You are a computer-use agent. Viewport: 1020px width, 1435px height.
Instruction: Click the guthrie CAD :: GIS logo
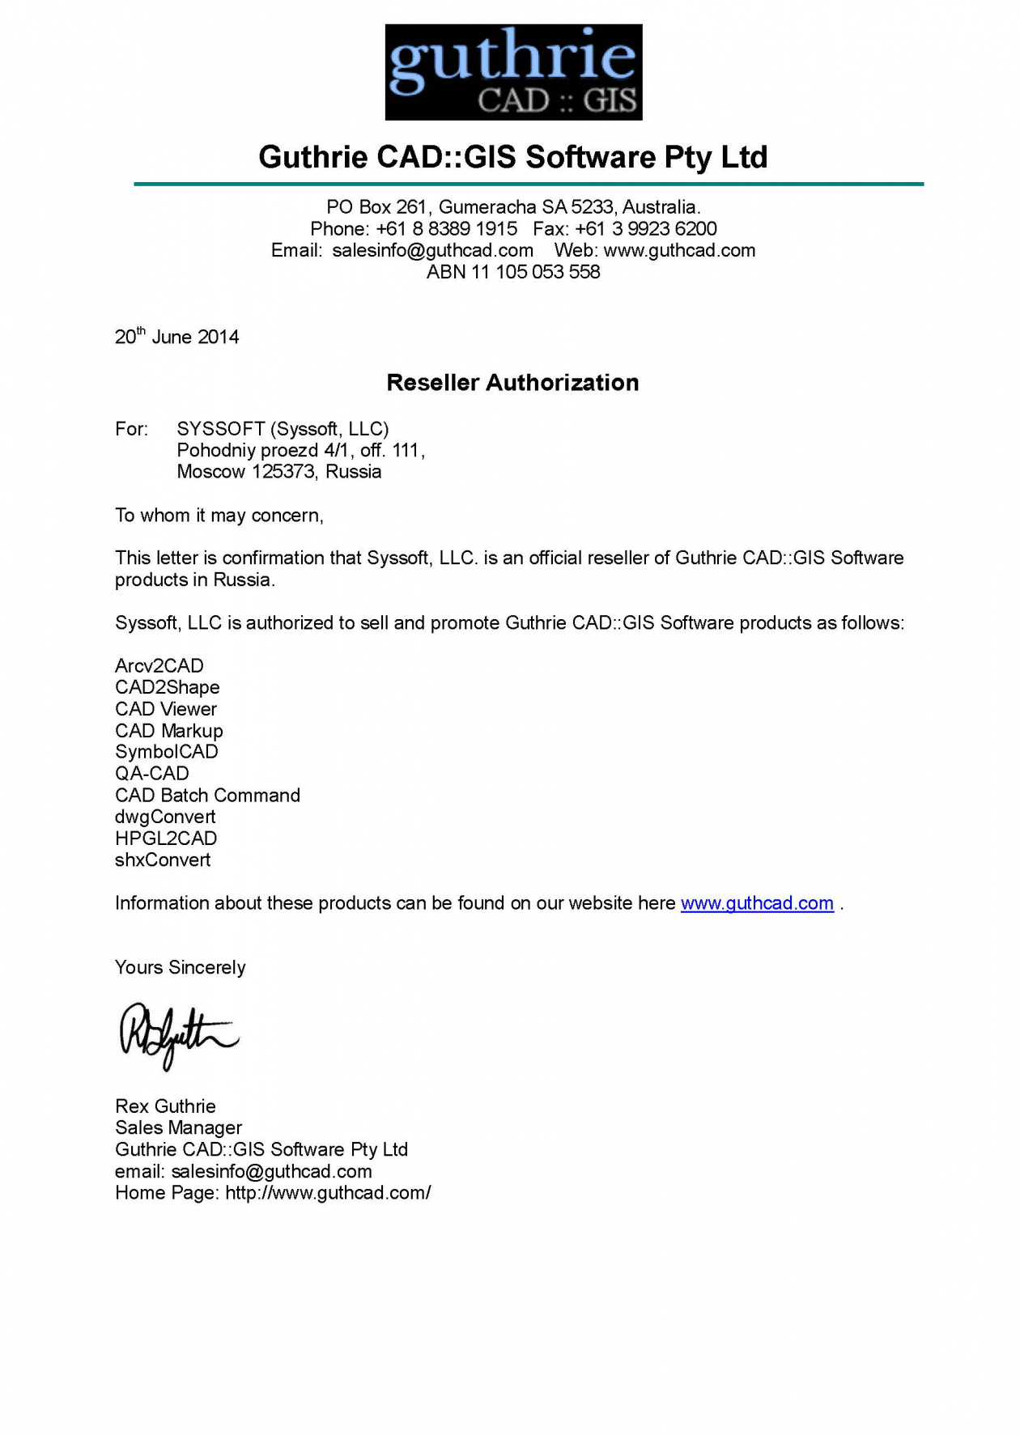pos(513,72)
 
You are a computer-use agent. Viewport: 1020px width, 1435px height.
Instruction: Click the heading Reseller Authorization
pos(512,383)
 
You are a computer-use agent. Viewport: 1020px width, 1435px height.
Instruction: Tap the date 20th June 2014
pos(176,337)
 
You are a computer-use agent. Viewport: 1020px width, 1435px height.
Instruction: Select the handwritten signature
pos(178,1035)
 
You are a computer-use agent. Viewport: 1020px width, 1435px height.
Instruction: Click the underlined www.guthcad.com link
pos(757,903)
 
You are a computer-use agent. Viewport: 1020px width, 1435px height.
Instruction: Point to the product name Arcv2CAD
pos(159,666)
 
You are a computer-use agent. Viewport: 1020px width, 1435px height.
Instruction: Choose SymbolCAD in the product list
pos(167,752)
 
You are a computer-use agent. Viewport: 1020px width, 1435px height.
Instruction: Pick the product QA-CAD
pos(152,774)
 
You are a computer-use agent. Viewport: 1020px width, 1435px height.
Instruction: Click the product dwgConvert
pos(165,817)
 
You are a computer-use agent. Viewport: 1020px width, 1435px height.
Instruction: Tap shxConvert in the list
pos(163,860)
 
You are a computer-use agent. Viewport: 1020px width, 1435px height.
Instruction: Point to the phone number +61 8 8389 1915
pos(446,229)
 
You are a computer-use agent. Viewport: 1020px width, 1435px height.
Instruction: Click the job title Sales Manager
pos(178,1128)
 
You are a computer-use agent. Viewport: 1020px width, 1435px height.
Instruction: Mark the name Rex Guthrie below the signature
pos(165,1106)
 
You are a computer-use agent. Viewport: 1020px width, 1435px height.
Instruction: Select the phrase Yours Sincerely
pos(180,968)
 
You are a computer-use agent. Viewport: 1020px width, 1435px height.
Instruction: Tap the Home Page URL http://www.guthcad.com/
pos(328,1193)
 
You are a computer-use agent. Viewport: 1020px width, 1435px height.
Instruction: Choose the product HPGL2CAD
pos(166,838)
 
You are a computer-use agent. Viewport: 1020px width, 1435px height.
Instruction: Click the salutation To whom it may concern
pos(219,516)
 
